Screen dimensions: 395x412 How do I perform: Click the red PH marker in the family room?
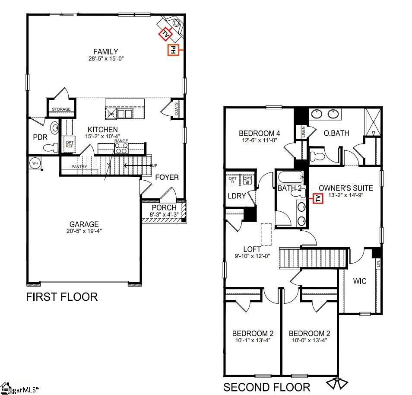pyautogui.click(x=173, y=50)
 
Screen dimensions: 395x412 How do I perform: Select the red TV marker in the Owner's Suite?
pyautogui.click(x=318, y=198)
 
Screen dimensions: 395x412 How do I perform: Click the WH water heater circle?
pyautogui.click(x=35, y=163)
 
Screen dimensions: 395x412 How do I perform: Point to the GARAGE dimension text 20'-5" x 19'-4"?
pyautogui.click(x=84, y=231)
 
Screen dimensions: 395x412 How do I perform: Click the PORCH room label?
pyautogui.click(x=164, y=207)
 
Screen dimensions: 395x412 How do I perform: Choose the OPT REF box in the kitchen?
pyautogui.click(x=69, y=143)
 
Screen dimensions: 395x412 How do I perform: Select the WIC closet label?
pyautogui.click(x=359, y=281)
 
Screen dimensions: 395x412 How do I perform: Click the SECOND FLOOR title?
pyautogui.click(x=266, y=387)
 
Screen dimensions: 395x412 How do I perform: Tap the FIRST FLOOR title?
pyautogui.click(x=62, y=297)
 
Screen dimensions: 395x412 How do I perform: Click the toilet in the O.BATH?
pyautogui.click(x=319, y=155)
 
